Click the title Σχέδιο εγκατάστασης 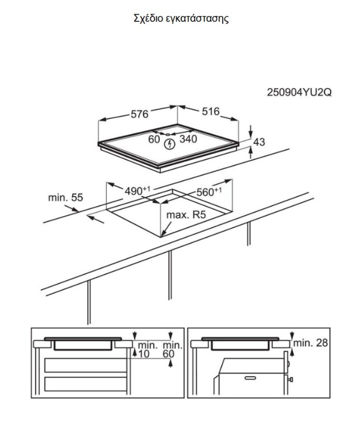(181, 19)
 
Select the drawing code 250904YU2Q (299, 93)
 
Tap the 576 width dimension (139, 114)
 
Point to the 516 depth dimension (210, 111)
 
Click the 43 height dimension (259, 142)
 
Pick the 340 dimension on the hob (188, 139)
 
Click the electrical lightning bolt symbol (170, 144)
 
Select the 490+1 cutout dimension (137, 191)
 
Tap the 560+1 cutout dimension (209, 192)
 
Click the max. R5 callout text (186, 215)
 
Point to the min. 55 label (65, 198)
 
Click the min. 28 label (311, 343)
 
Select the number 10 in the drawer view (144, 354)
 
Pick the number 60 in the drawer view (168, 354)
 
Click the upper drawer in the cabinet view (86, 365)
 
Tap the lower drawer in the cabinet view (86, 384)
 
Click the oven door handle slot (250, 378)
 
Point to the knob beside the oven (290, 379)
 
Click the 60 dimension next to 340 (154, 139)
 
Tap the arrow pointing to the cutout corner (166, 229)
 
